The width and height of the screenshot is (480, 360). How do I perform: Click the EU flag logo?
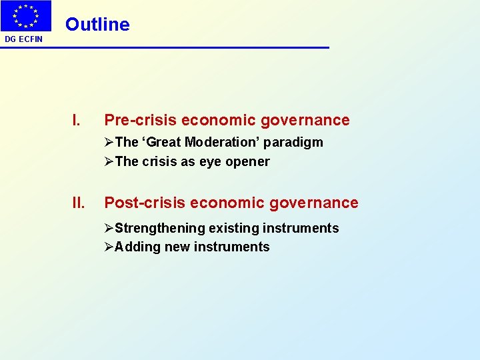click(26, 16)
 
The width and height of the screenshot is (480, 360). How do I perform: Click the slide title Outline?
click(97, 25)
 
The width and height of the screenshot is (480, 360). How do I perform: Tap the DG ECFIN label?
click(23, 39)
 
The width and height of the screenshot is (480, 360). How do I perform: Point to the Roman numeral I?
click(77, 121)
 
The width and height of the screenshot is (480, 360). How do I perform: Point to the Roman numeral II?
click(79, 203)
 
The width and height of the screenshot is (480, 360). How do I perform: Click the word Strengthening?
click(159, 229)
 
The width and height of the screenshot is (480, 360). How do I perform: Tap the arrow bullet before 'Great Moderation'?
click(109, 143)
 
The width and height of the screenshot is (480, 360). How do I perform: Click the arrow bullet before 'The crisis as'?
click(109, 161)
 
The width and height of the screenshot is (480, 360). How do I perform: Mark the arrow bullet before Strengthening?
click(109, 229)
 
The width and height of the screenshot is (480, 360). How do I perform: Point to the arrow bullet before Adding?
click(109, 247)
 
